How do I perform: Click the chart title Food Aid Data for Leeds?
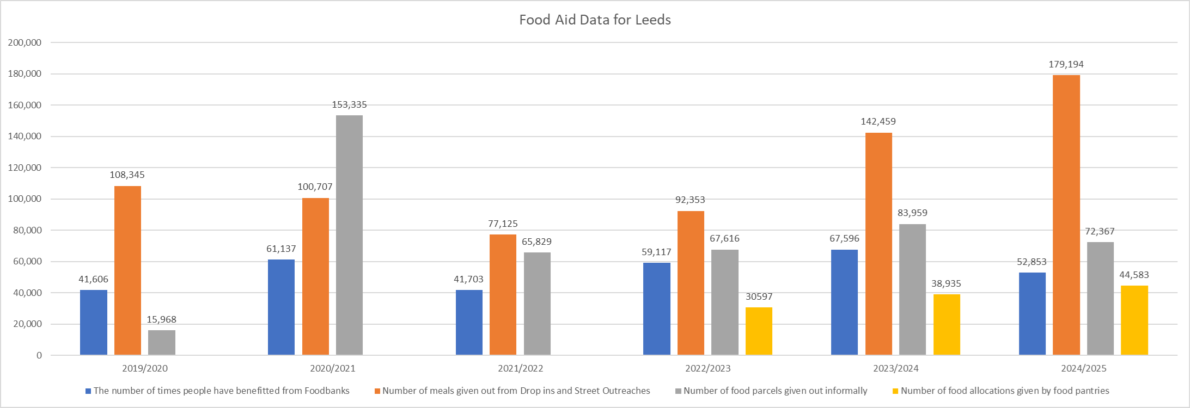595,20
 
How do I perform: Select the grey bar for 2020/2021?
349,235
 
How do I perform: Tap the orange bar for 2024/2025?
1066,215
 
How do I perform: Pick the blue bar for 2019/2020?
94,323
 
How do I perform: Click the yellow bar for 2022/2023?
759,331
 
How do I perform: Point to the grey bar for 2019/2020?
162,343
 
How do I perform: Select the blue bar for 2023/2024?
844,302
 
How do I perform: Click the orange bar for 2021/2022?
503,295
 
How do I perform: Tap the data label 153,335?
349,104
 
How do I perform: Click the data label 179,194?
1066,64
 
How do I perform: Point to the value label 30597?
759,296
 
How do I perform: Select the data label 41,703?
468,279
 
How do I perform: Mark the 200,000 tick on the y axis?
25,42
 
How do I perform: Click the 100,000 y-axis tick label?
25,199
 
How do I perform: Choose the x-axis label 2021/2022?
520,368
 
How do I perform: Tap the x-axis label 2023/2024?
895,368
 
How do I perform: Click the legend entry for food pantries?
1004,391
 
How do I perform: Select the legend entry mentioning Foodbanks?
221,391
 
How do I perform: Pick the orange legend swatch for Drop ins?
377,391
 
